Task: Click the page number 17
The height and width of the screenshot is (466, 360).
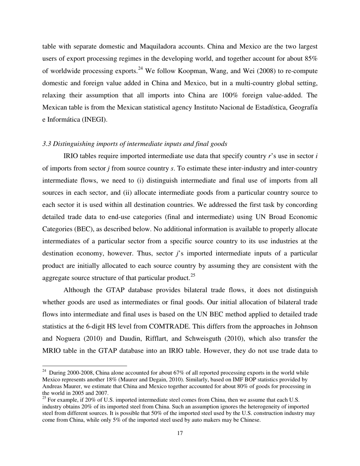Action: coord(180,433)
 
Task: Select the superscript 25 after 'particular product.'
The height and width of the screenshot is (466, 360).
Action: coord(193,275)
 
